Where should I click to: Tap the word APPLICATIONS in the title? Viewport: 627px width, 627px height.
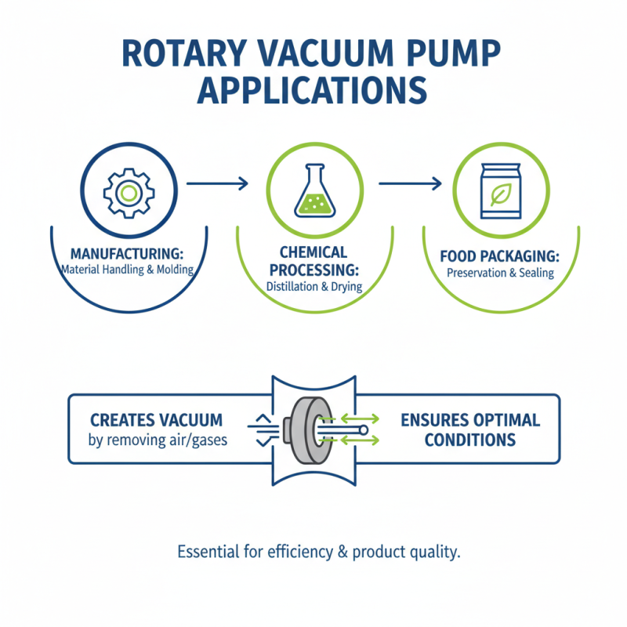pos(313,92)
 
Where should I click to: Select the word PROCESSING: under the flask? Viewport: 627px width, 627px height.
pos(313,269)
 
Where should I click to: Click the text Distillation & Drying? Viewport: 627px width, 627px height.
pos(313,286)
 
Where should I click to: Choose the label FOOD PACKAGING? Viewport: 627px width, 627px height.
pos(501,256)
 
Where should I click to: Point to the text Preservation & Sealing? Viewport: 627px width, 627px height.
pos(501,273)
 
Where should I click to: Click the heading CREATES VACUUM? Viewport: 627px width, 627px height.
pos(156,420)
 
